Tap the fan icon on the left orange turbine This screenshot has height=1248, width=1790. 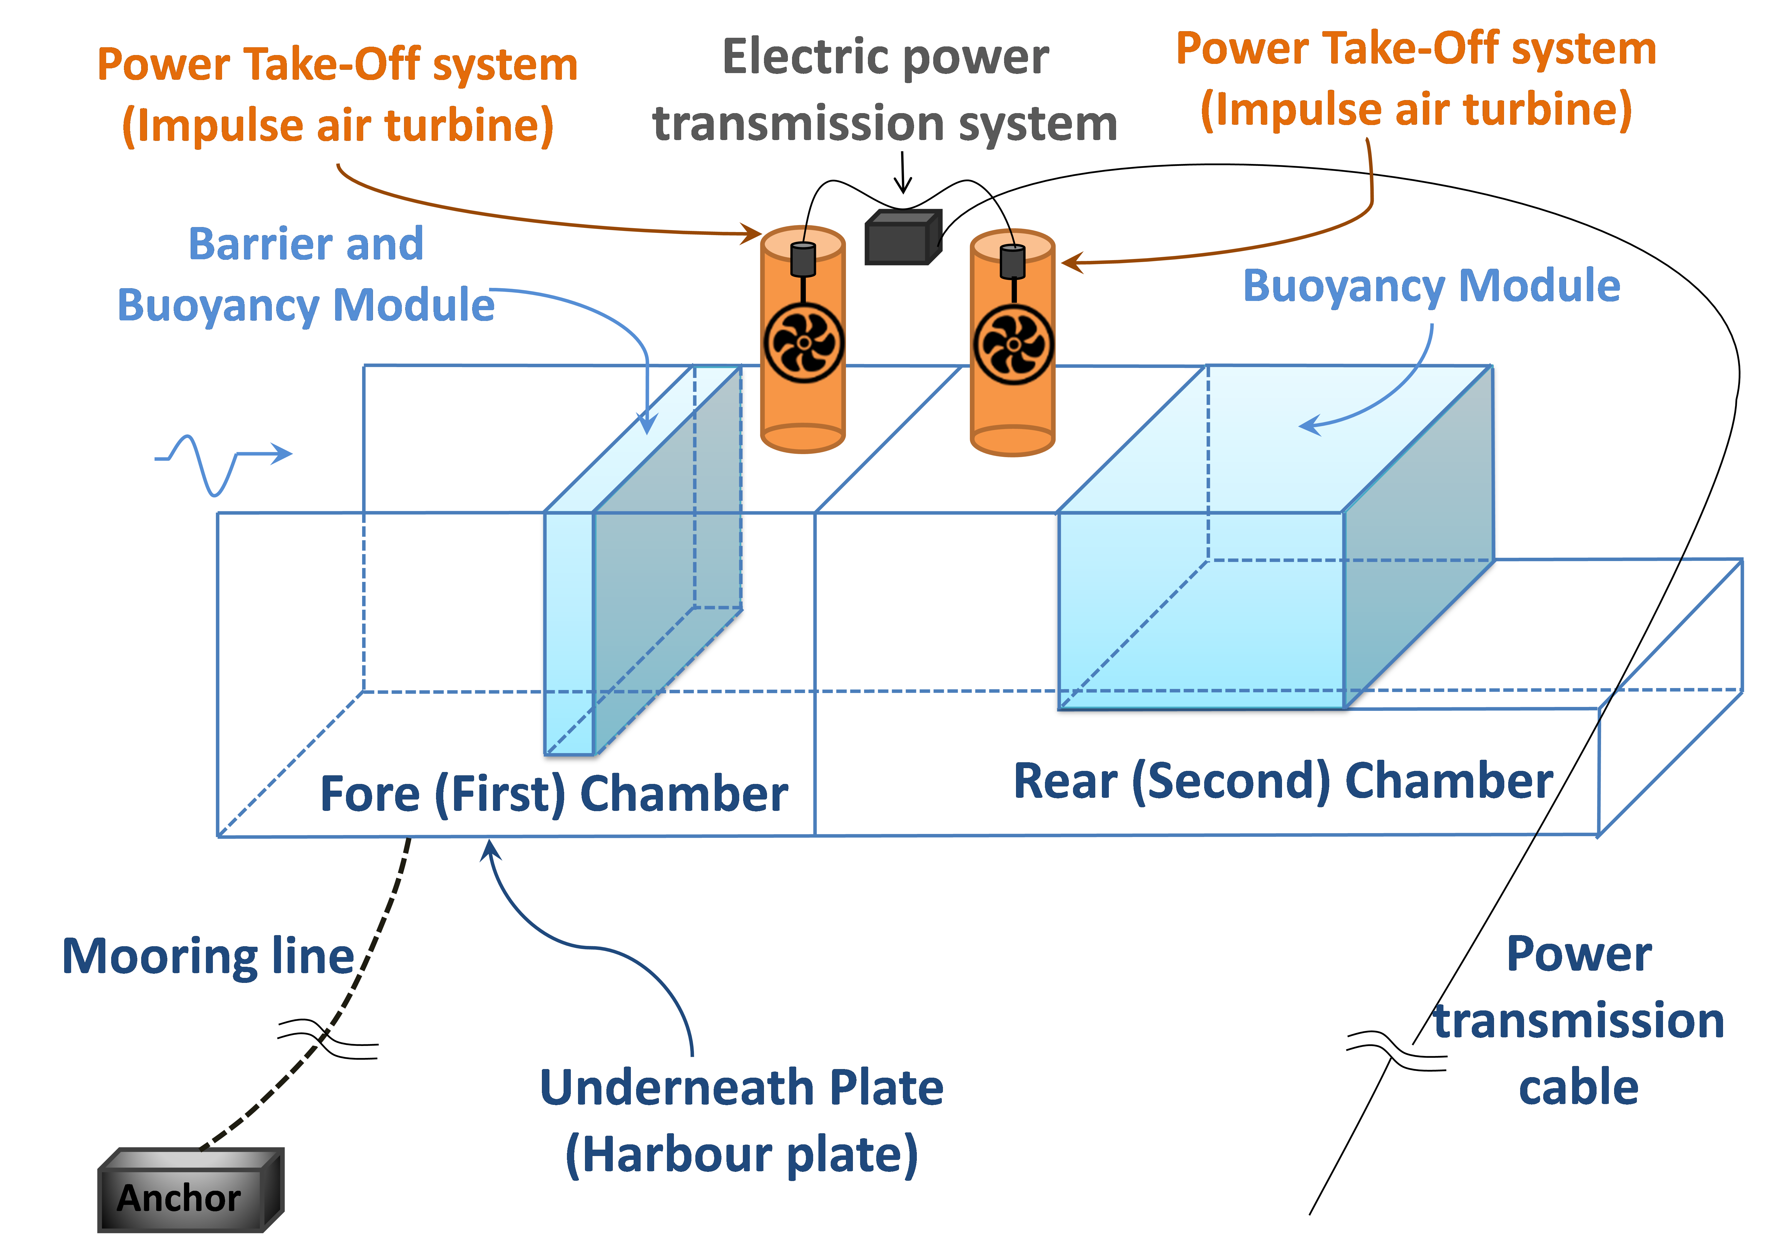(804, 343)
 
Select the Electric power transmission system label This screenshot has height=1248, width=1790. (885, 90)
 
